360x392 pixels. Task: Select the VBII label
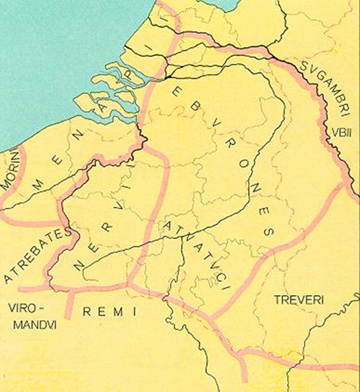click(x=338, y=132)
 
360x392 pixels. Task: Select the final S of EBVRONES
click(x=267, y=233)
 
